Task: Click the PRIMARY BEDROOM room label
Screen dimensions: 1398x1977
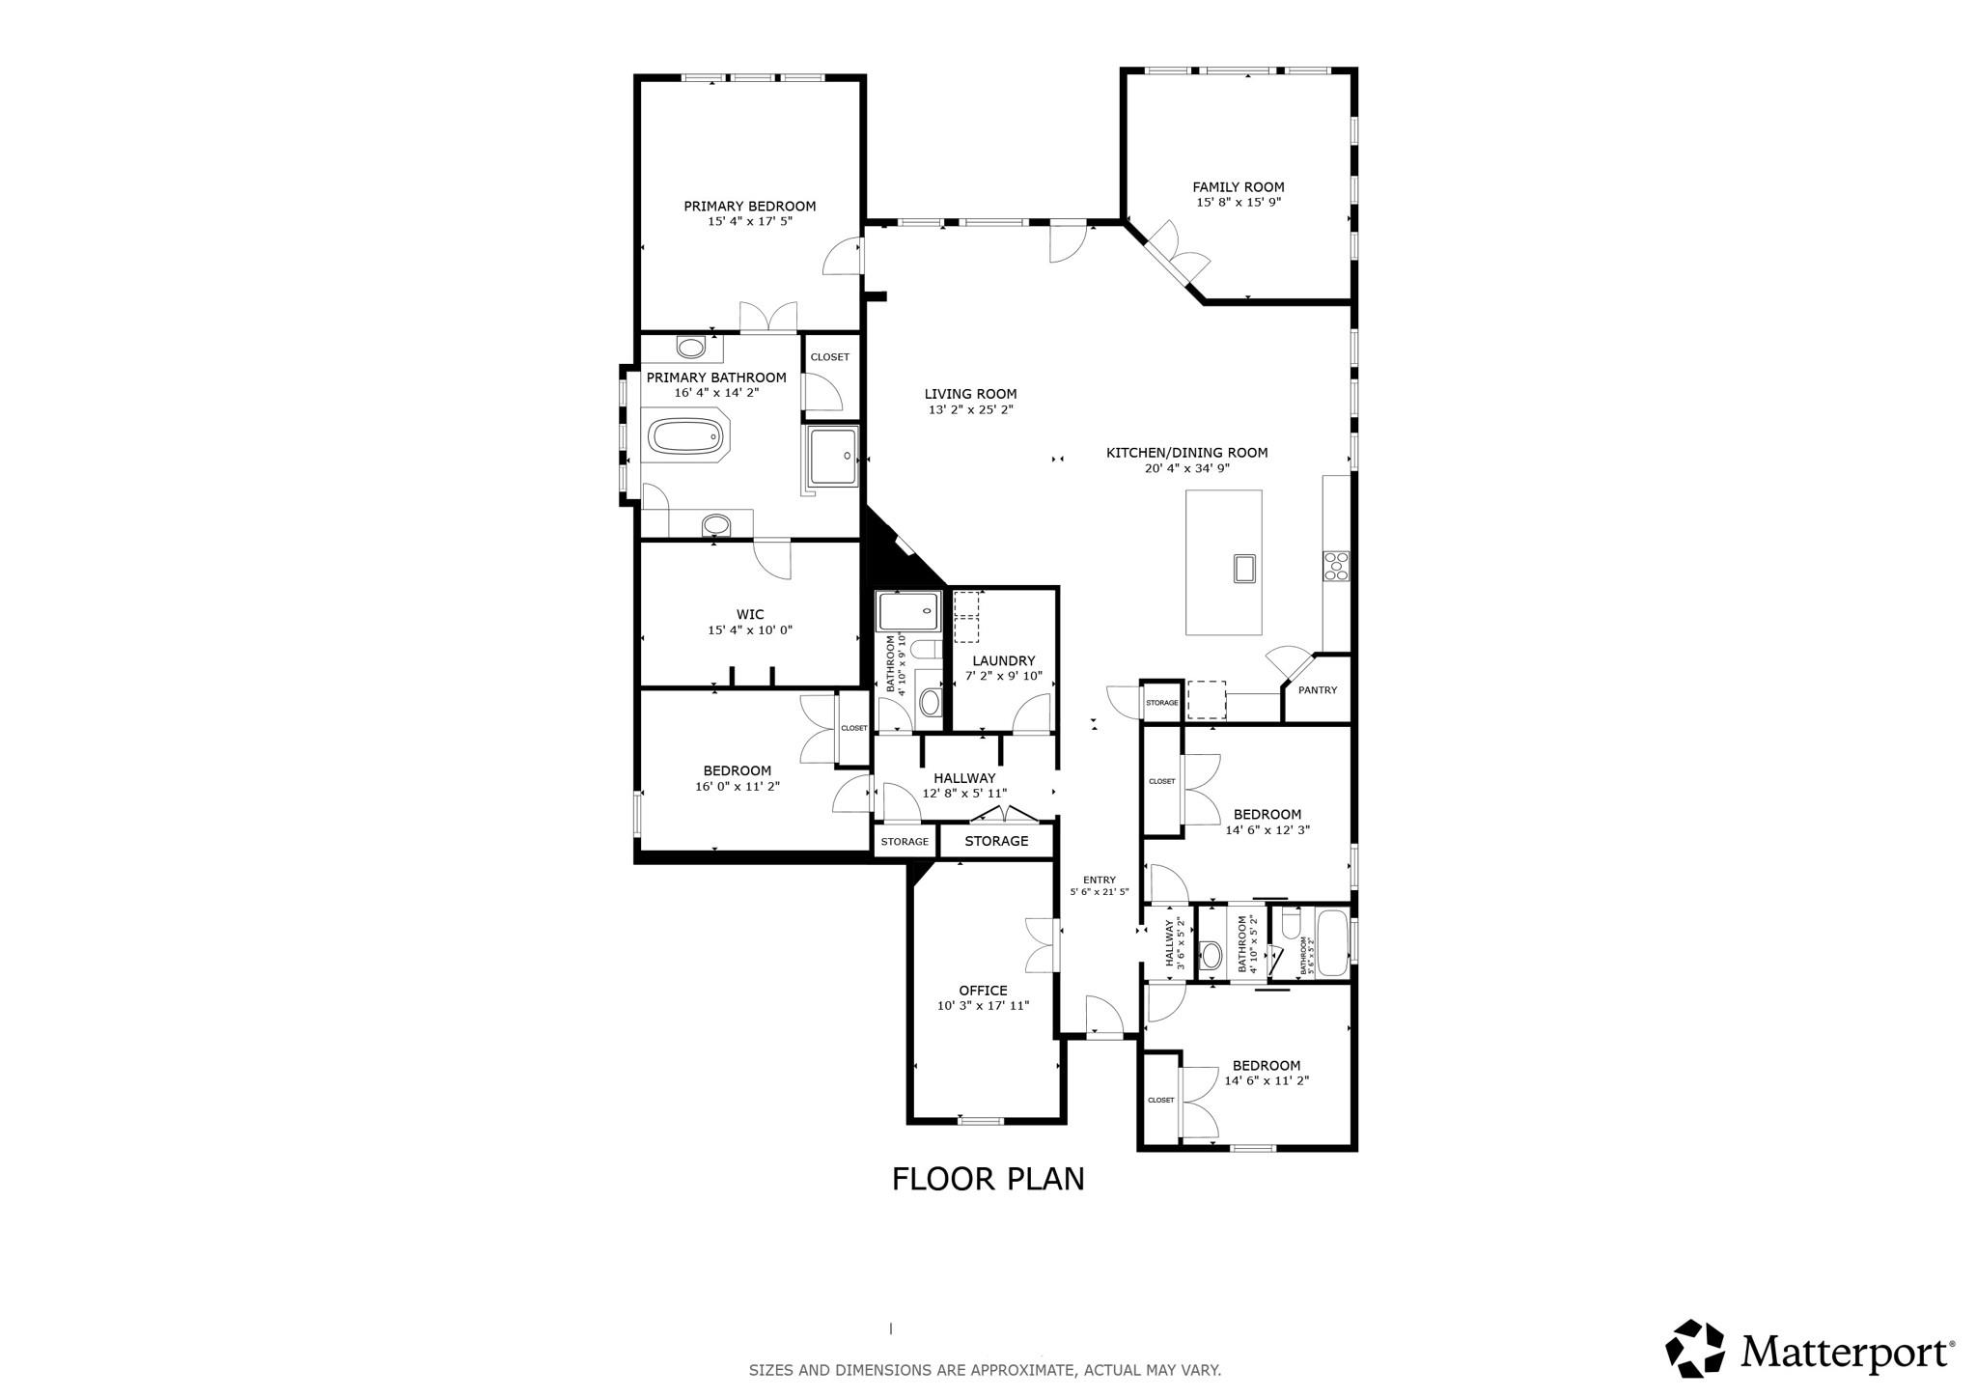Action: coord(749,206)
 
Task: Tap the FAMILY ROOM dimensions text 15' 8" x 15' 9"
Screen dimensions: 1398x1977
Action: coord(1239,203)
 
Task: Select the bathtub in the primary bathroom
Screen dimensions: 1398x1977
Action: coord(684,436)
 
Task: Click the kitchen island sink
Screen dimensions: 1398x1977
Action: coord(1243,569)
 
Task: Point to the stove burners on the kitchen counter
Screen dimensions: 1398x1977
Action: coord(1336,565)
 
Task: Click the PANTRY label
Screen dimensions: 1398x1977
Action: coord(1318,690)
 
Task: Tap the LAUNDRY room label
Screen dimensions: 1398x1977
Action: coord(1004,660)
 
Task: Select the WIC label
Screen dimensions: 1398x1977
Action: coord(750,614)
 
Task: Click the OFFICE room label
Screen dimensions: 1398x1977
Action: coord(983,991)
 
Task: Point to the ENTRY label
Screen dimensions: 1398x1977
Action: coord(1099,880)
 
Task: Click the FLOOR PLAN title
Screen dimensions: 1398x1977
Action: coord(988,1179)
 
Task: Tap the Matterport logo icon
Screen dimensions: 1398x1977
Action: coord(1694,1348)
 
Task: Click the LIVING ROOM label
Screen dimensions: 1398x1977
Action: coord(970,394)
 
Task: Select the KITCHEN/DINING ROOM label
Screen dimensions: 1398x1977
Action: coord(1186,453)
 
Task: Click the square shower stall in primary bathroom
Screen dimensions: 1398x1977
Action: coord(831,456)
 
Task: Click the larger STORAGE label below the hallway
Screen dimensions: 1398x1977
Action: coord(996,841)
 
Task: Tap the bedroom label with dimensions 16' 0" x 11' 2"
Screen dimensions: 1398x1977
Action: coord(737,770)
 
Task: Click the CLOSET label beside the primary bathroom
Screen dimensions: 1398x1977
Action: coord(829,357)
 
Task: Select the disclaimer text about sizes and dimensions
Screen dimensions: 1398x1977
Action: coord(985,1370)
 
